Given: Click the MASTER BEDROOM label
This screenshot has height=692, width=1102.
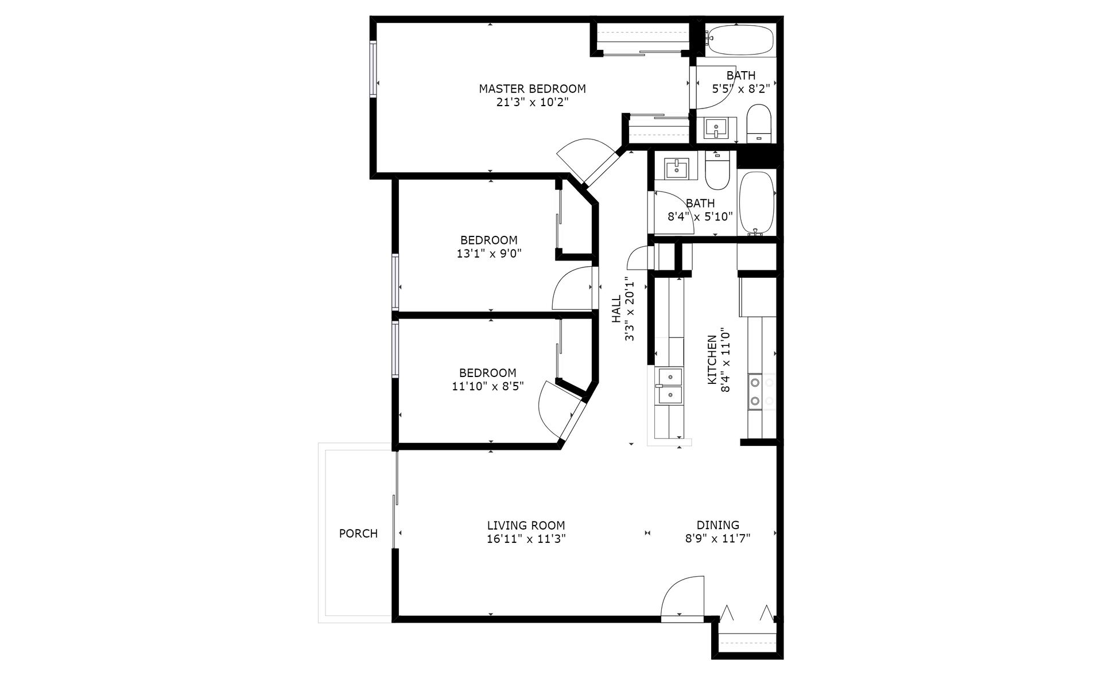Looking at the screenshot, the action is coord(532,89).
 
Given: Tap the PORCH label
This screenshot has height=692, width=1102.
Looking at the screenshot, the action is coord(358,534).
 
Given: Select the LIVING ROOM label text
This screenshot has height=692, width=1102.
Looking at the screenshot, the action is coord(526,526).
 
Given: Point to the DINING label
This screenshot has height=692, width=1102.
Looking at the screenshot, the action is coord(717,525).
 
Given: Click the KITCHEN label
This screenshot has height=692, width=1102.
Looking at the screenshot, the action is coord(712,360).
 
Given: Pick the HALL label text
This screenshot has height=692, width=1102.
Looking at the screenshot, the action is coord(616,309).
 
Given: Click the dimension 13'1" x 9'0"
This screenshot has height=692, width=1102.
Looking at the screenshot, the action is coord(489,254).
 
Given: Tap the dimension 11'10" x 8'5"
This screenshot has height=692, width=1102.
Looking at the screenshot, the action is coord(488,386).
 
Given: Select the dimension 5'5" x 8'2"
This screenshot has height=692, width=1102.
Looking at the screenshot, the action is coord(740,89).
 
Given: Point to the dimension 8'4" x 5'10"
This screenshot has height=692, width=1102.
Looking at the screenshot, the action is coord(700,217).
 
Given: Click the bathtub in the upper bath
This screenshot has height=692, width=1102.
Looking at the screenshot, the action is coord(739,40).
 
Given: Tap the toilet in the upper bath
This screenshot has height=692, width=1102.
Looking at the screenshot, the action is coord(759,123).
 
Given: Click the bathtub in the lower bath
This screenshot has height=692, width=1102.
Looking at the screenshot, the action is coord(756,203).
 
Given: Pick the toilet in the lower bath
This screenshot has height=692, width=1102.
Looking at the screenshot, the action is coord(716,170).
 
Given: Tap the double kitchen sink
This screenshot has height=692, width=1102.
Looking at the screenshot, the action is coord(669,386).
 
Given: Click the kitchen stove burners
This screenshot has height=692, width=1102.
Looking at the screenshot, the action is coord(755,391).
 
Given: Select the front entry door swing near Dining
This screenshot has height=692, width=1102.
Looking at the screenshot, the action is coord(682,598).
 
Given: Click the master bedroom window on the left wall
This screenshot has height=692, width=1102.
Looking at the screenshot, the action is coord(373,69).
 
